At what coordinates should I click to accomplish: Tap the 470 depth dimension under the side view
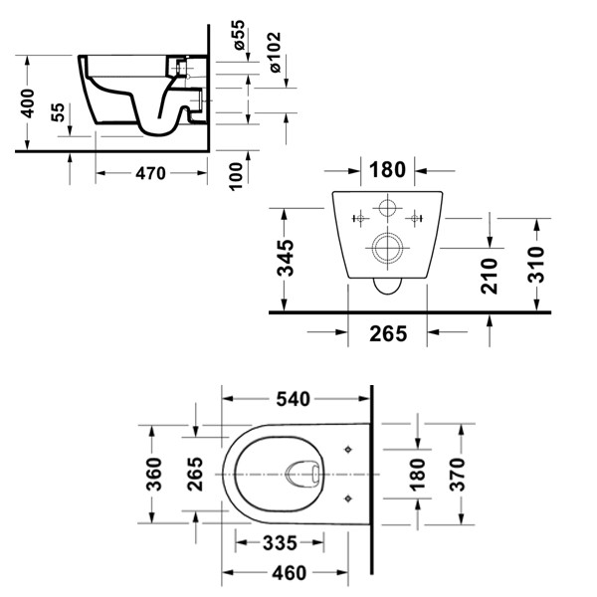point(149,173)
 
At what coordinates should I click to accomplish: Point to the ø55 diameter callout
point(240,37)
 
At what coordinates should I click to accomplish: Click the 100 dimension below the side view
point(236,175)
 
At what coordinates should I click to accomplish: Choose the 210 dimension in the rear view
point(489,275)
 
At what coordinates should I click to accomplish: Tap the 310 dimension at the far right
point(537,264)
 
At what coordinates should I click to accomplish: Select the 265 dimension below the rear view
point(387,333)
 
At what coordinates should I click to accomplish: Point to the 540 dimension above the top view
point(294,399)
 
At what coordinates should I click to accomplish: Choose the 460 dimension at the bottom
point(289,573)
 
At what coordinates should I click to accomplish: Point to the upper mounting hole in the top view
point(348,450)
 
